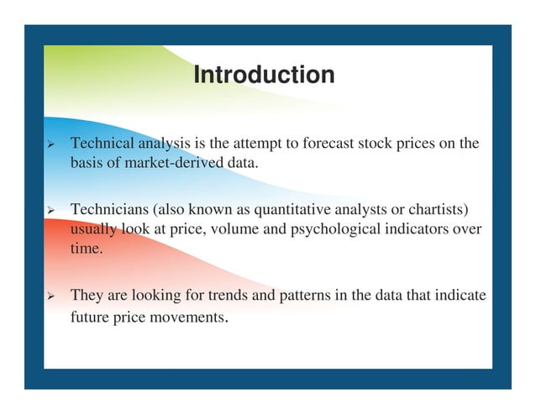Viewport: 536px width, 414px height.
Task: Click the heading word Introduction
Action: pyautogui.click(x=263, y=76)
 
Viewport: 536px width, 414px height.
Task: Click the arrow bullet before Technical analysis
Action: pyautogui.click(x=50, y=145)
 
